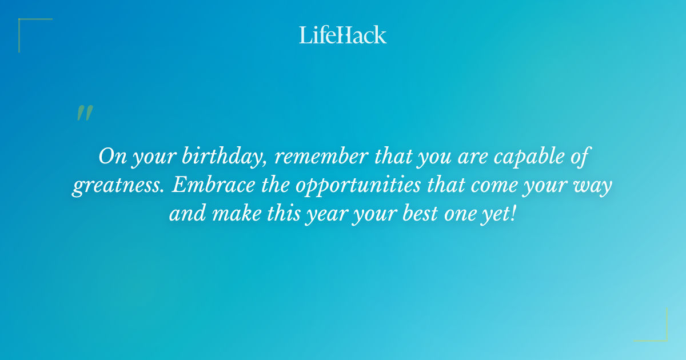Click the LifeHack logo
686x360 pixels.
343,35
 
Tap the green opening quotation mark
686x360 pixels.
84,113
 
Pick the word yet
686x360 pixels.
499,215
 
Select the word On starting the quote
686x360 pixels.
110,156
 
